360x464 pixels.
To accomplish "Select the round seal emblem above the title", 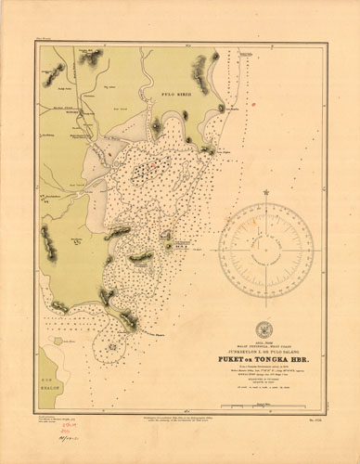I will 265,329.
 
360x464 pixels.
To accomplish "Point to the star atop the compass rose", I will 265,193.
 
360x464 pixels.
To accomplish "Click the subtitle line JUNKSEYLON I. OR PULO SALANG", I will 265,347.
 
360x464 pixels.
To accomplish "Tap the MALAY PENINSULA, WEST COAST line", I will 265,342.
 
